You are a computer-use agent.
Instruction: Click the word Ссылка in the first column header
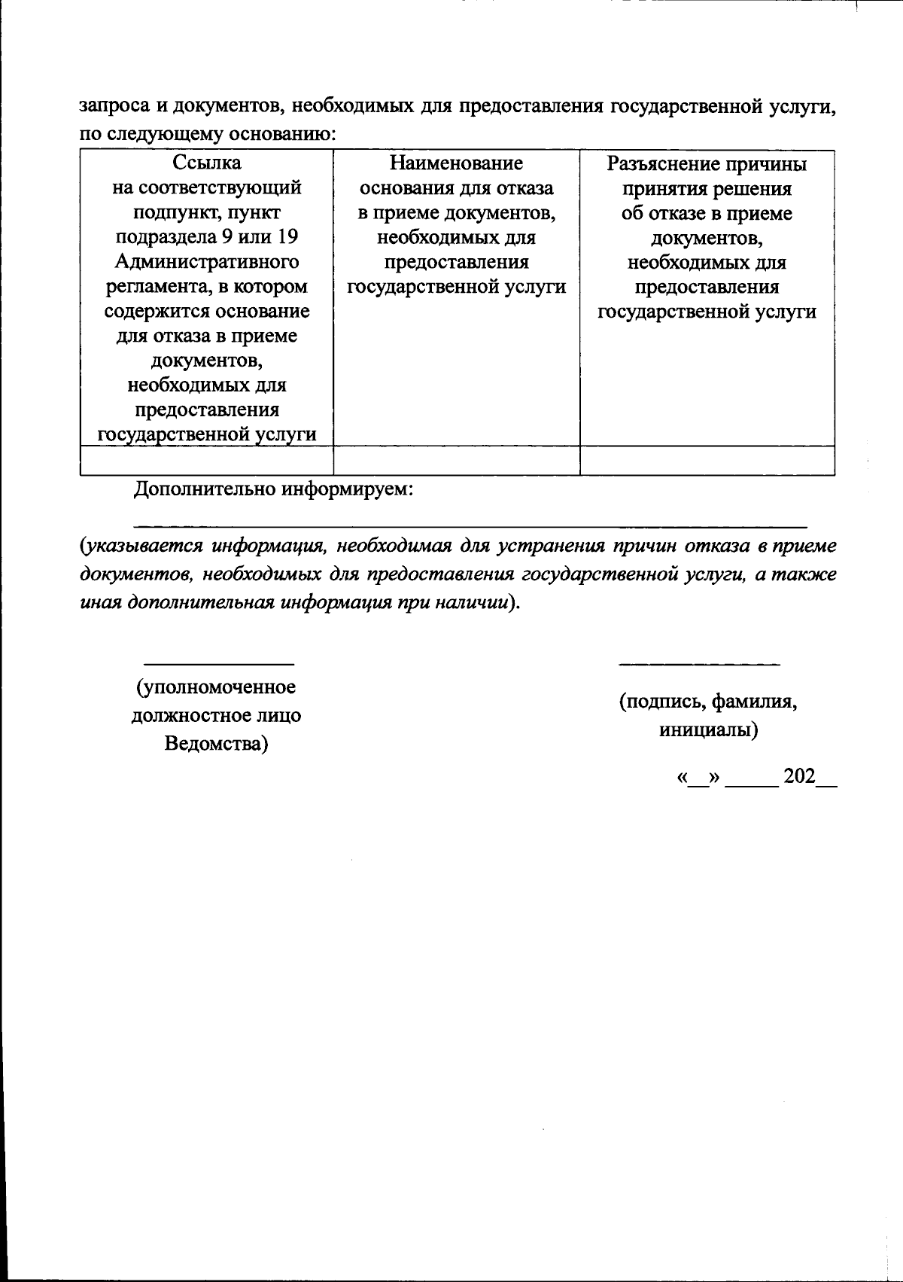[207, 163]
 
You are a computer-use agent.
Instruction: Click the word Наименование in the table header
[456, 163]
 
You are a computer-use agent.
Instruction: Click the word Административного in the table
[207, 262]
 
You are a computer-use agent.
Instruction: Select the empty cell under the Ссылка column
[207, 460]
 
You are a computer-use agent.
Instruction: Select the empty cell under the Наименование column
[456, 460]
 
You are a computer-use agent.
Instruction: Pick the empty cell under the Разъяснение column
[707, 460]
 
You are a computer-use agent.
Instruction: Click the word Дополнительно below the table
[205, 490]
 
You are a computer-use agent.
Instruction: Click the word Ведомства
[217, 744]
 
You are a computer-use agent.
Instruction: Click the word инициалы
[707, 730]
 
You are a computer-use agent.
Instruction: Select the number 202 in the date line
[799, 777]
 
